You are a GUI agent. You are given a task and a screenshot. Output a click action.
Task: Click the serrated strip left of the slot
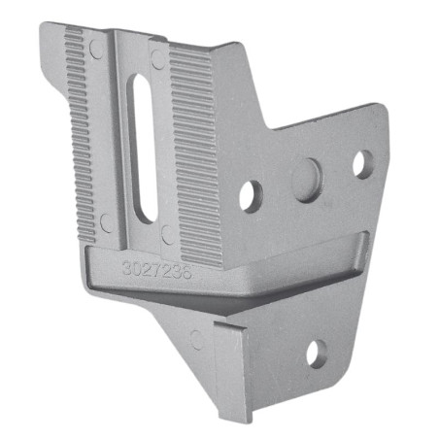(x=87, y=136)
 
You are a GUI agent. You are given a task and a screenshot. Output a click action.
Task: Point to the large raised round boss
(x=307, y=180)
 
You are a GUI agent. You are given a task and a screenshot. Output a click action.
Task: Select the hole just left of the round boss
(x=251, y=195)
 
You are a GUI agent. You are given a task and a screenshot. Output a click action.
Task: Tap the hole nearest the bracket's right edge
(x=361, y=163)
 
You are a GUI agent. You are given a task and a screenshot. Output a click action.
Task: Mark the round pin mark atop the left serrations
(x=96, y=48)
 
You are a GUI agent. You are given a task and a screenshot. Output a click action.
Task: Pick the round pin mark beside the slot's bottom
(x=167, y=234)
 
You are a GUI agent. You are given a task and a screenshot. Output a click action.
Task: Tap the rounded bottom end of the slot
(x=148, y=214)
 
